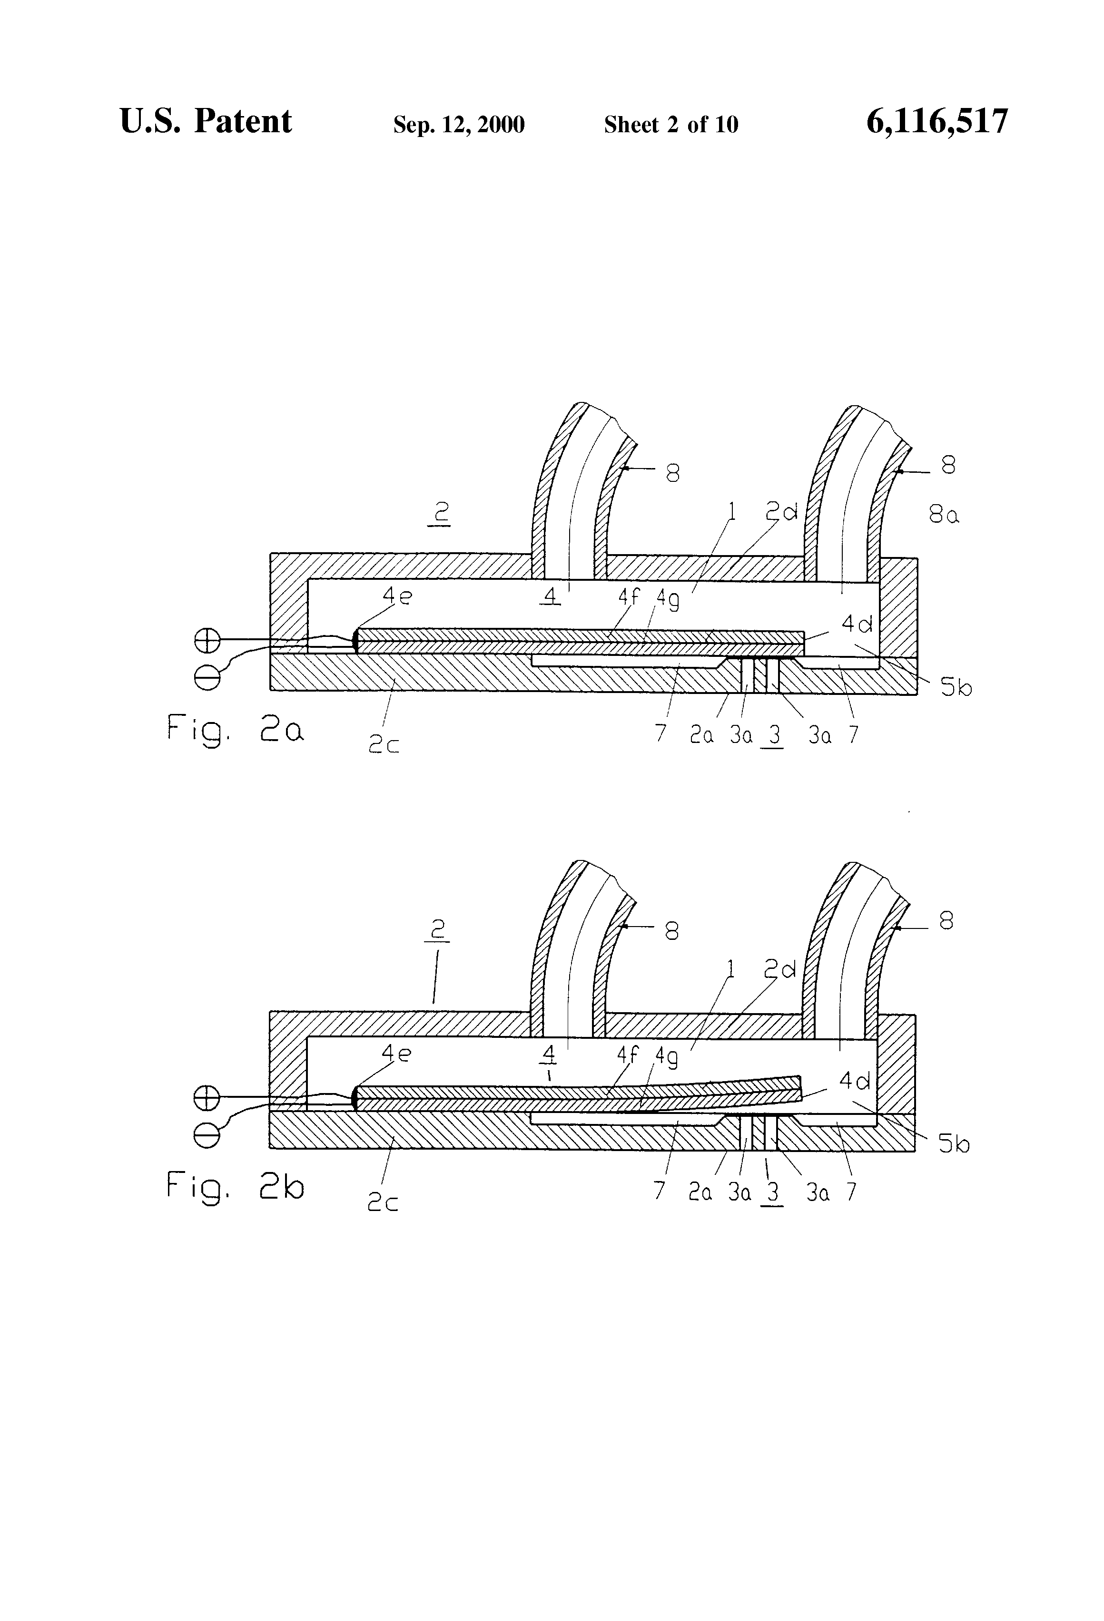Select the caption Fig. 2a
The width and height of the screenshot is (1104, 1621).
click(235, 730)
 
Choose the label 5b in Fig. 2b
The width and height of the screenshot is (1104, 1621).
click(953, 1144)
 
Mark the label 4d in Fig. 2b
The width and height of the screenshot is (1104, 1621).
click(855, 1081)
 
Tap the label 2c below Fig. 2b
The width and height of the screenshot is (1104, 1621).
click(383, 1202)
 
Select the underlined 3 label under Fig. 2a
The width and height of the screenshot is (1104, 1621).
click(773, 736)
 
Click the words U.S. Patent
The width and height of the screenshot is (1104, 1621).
click(206, 121)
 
